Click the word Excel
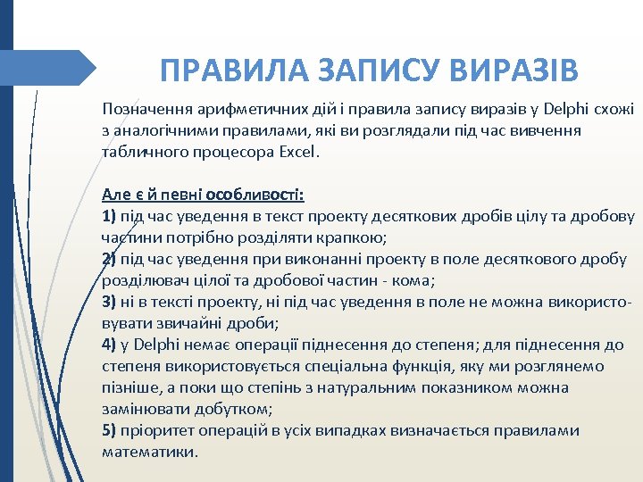(298, 152)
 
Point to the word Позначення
(146, 109)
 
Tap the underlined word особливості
(255, 195)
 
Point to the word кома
(414, 280)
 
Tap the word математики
(149, 452)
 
